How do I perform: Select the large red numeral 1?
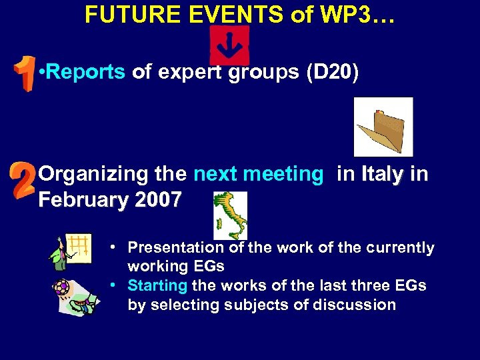tap(25, 73)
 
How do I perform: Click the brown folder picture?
tap(383, 127)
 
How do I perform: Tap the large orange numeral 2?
tap(23, 181)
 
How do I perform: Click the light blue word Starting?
tap(157, 286)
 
